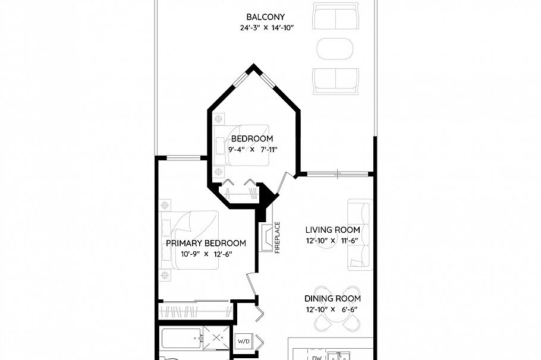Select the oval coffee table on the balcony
[336, 49]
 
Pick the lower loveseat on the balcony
[336, 80]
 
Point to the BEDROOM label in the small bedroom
[252, 139]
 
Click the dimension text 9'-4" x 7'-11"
[252, 150]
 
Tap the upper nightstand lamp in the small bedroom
[219, 118]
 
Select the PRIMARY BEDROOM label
[206, 244]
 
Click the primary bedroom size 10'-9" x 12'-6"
[206, 254]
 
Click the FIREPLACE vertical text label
[278, 238]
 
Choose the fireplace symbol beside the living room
[267, 236]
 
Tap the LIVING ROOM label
[332, 230]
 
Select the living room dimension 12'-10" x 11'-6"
[332, 241]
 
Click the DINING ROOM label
[332, 299]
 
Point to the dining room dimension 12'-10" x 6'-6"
[332, 310]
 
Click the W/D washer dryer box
[244, 342]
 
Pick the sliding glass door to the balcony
[336, 174]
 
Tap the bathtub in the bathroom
[181, 340]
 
